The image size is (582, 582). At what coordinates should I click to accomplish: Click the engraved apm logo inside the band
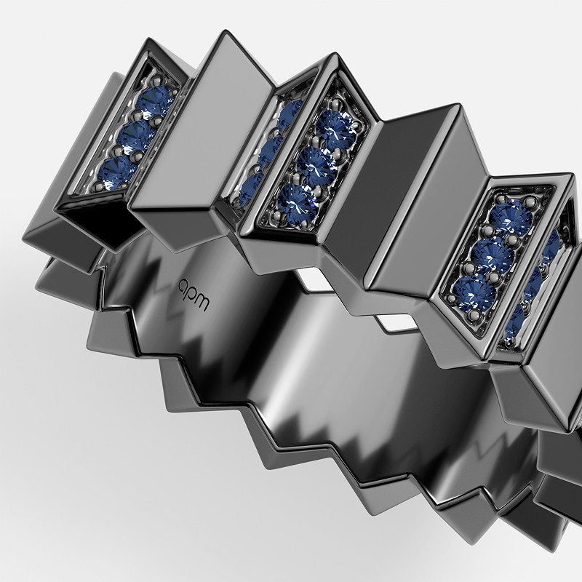(194, 295)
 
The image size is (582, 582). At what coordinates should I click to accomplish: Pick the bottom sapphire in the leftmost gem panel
(117, 172)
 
